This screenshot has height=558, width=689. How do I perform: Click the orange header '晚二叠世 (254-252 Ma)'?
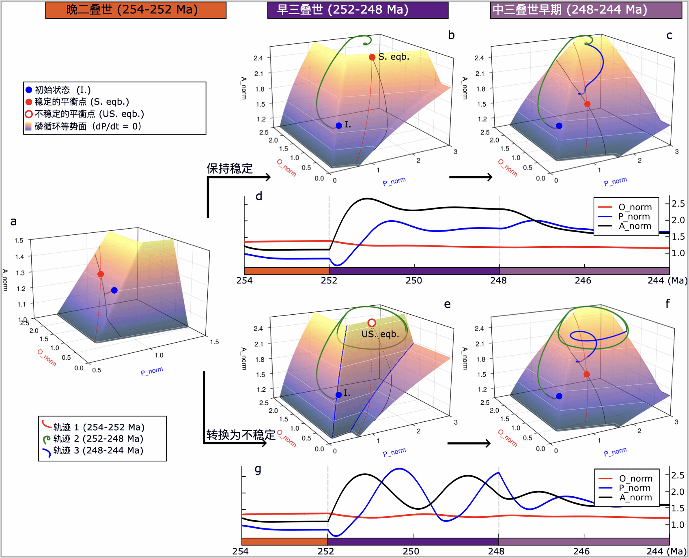pyautogui.click(x=136, y=10)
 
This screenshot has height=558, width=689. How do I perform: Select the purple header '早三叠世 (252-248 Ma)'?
pyautogui.click(x=357, y=10)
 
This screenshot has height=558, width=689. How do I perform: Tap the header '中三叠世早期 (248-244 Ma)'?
pyautogui.click(x=586, y=10)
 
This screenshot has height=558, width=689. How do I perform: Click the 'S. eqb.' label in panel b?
pyautogui.click(x=394, y=57)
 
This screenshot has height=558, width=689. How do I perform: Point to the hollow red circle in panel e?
pyautogui.click(x=372, y=323)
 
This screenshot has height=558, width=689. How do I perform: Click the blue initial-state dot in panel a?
pyautogui.click(x=114, y=290)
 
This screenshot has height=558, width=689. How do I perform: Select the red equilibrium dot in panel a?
pyautogui.click(x=101, y=274)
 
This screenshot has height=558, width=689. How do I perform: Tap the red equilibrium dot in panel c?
pyautogui.click(x=587, y=104)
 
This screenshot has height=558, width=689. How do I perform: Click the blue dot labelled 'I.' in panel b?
pyautogui.click(x=339, y=126)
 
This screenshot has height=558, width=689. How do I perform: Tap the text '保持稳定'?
pyautogui.click(x=230, y=168)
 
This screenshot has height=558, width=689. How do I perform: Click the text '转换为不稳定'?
pyautogui.click(x=241, y=435)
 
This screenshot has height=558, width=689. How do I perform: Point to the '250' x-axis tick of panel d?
pyautogui.click(x=414, y=281)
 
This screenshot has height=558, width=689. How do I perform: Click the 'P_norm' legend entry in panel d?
pyautogui.click(x=634, y=217)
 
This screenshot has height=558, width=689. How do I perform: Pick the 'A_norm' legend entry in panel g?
pyautogui.click(x=635, y=498)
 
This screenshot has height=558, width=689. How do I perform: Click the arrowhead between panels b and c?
pyautogui.click(x=490, y=177)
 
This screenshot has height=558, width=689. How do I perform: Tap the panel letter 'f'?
pyautogui.click(x=667, y=304)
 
